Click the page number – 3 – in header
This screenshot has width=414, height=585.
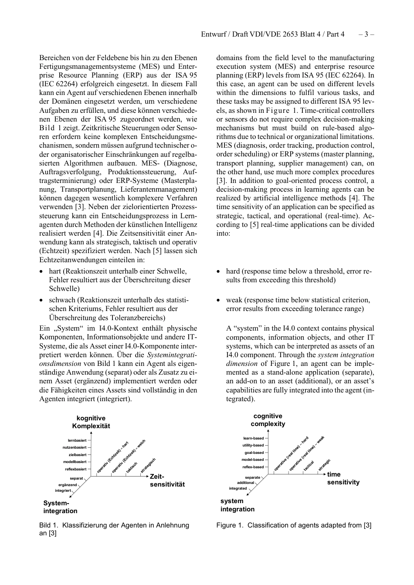pyautogui.click(x=366, y=34)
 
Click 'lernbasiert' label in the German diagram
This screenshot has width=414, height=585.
pyautogui.click(x=77, y=440)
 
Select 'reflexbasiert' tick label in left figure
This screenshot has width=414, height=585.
pyautogui.click(x=76, y=469)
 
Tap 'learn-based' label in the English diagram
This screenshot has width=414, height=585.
pyautogui.click(x=253, y=438)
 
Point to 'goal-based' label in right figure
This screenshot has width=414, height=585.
pyautogui.click(x=254, y=453)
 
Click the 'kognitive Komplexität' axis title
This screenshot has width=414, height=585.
pyautogui.click(x=91, y=422)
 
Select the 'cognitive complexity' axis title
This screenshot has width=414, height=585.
pyautogui.click(x=268, y=420)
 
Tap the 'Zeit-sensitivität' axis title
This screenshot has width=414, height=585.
pyautogui.click(x=167, y=480)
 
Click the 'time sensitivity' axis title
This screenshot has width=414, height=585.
pyautogui.click(x=343, y=478)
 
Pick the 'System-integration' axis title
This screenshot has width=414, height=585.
pyautogui.click(x=60, y=507)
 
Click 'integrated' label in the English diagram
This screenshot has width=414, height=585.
pyautogui.click(x=238, y=488)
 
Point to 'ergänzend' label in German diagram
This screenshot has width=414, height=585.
pyautogui.click(x=68, y=485)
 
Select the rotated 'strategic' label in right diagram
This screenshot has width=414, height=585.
pyautogui.click(x=324, y=465)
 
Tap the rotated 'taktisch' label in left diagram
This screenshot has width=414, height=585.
pyautogui.click(x=132, y=468)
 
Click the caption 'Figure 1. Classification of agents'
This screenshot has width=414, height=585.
pyautogui.click(x=294, y=525)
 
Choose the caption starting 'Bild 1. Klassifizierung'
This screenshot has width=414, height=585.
pyautogui.click(x=114, y=529)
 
